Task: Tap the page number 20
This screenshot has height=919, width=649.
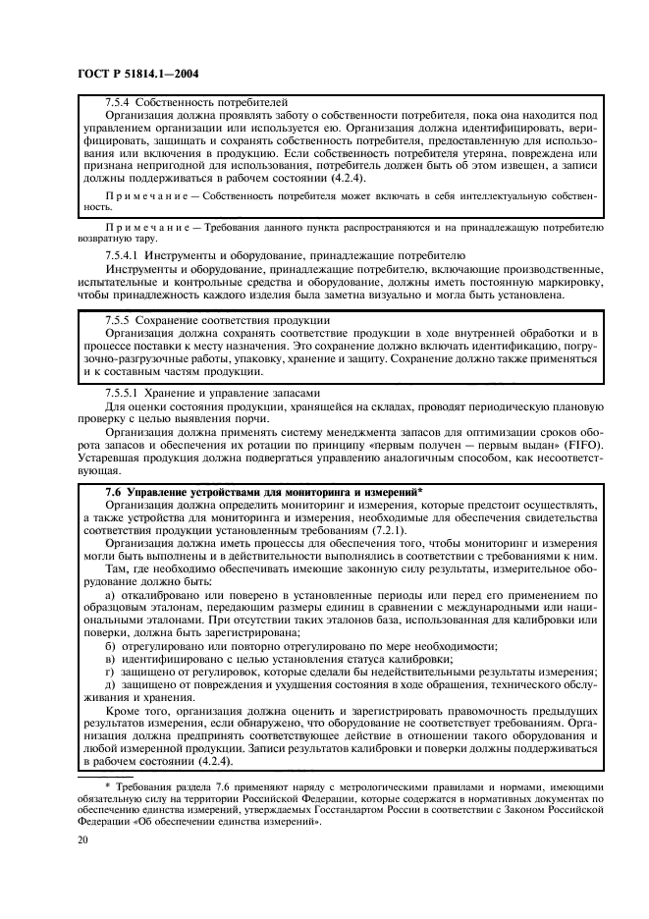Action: [82, 840]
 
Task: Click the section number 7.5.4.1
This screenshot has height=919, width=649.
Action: [125, 254]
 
